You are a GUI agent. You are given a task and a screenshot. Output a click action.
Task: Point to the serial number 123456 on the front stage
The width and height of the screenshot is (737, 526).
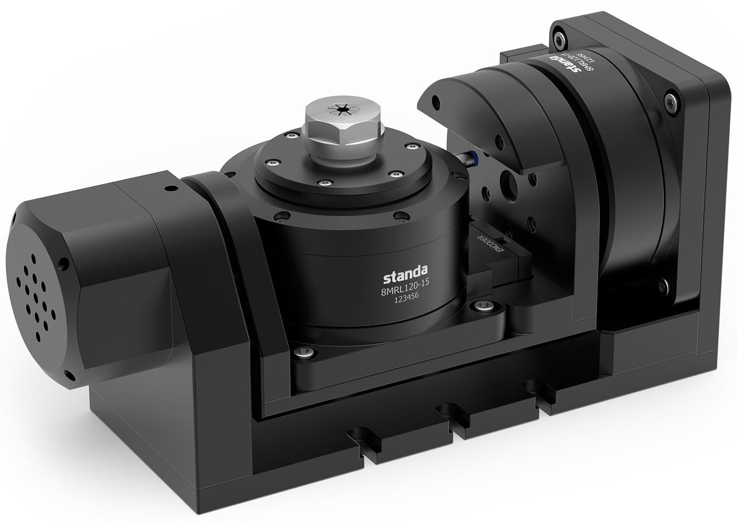[405, 301]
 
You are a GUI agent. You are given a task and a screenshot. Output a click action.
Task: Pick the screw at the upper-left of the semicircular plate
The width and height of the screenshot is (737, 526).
[436, 102]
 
